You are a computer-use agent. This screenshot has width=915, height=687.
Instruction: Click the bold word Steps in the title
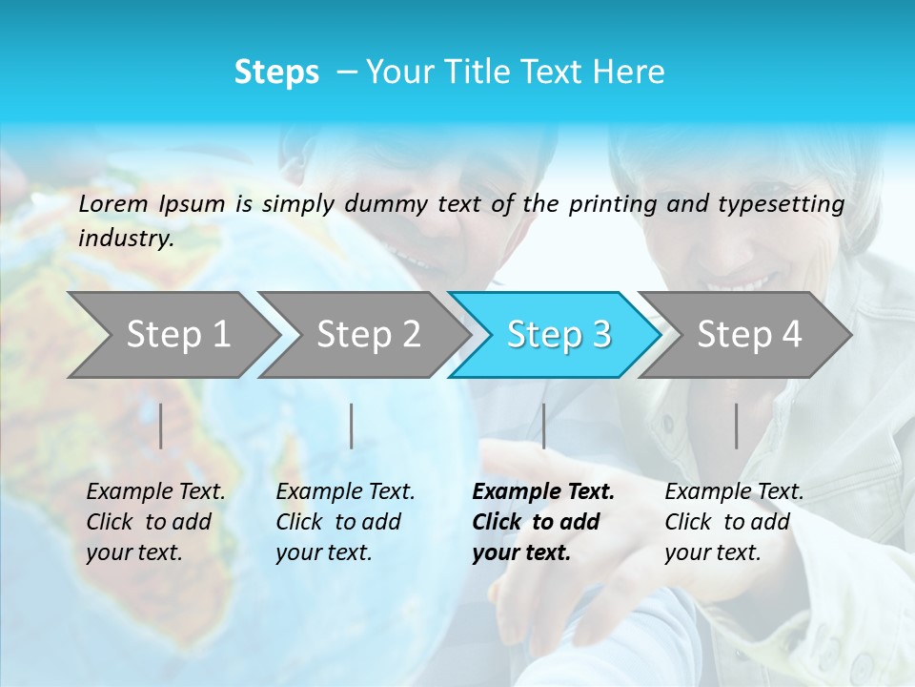(x=276, y=73)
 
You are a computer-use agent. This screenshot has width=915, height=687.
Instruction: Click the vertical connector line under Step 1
(x=161, y=426)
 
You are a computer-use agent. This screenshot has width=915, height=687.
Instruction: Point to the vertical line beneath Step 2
(x=352, y=426)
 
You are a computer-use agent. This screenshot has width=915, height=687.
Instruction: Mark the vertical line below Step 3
(x=543, y=426)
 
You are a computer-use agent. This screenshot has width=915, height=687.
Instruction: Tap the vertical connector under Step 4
(x=736, y=426)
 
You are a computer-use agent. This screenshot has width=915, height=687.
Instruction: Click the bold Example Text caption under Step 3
(x=543, y=522)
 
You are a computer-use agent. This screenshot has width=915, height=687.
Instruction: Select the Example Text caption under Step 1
(x=155, y=522)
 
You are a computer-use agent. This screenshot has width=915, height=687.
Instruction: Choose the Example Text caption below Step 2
(x=345, y=522)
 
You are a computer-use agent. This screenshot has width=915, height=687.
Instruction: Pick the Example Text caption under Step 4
(x=734, y=522)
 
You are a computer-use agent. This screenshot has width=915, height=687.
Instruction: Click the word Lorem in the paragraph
(x=113, y=203)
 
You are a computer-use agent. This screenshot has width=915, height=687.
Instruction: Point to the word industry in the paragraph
(x=125, y=239)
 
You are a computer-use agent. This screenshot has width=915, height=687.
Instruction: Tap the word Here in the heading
(x=627, y=73)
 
